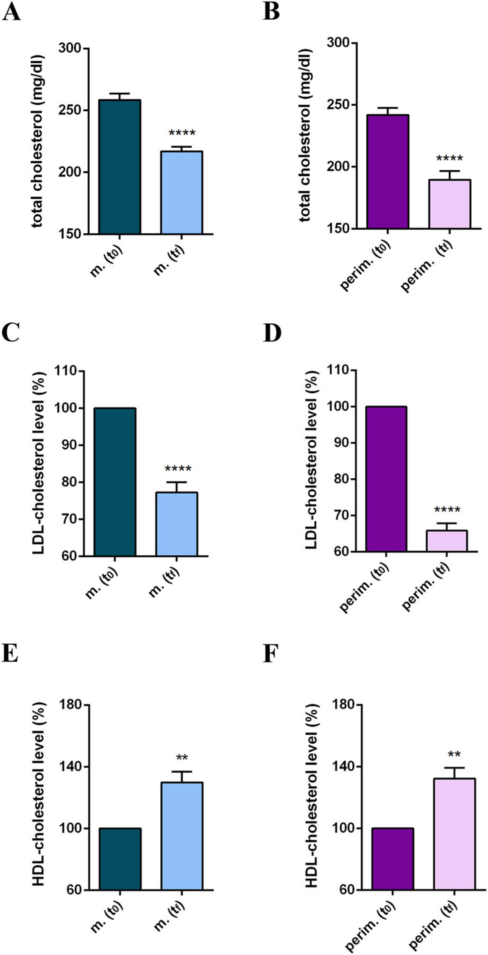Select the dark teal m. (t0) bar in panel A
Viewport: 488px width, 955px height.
click(119, 167)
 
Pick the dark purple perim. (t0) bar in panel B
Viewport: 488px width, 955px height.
click(388, 171)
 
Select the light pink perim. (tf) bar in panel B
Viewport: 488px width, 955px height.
click(450, 204)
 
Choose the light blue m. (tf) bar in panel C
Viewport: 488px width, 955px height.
click(177, 524)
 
